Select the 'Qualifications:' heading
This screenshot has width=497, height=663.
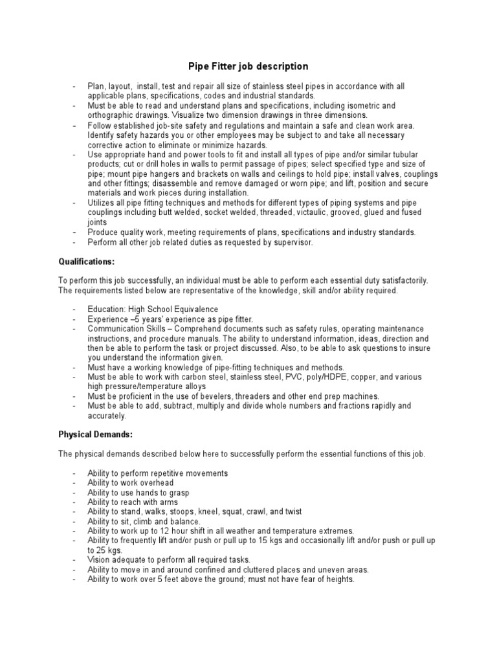[86, 262]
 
